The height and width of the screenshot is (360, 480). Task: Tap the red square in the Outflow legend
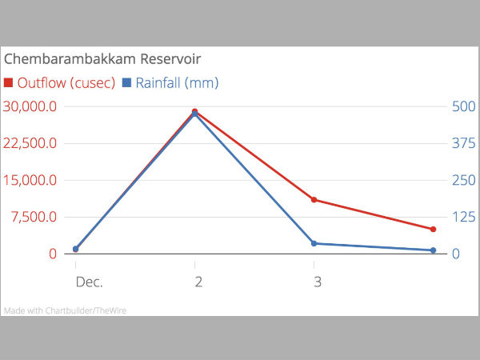(9, 83)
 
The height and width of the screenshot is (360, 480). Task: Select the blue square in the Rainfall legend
(126, 83)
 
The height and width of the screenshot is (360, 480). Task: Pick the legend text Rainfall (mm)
(177, 83)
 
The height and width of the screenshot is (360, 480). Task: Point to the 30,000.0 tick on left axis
(30, 106)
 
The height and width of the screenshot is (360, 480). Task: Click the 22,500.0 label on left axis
(30, 143)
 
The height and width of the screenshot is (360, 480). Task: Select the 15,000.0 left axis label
(30, 180)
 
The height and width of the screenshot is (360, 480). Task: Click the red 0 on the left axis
(52, 254)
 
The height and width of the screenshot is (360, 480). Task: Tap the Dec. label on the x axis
(89, 282)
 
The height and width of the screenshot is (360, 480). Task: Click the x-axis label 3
(318, 282)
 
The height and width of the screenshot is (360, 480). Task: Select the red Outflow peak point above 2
(195, 111)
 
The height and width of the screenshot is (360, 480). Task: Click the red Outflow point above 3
(314, 199)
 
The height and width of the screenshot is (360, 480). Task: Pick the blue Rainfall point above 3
(314, 243)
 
